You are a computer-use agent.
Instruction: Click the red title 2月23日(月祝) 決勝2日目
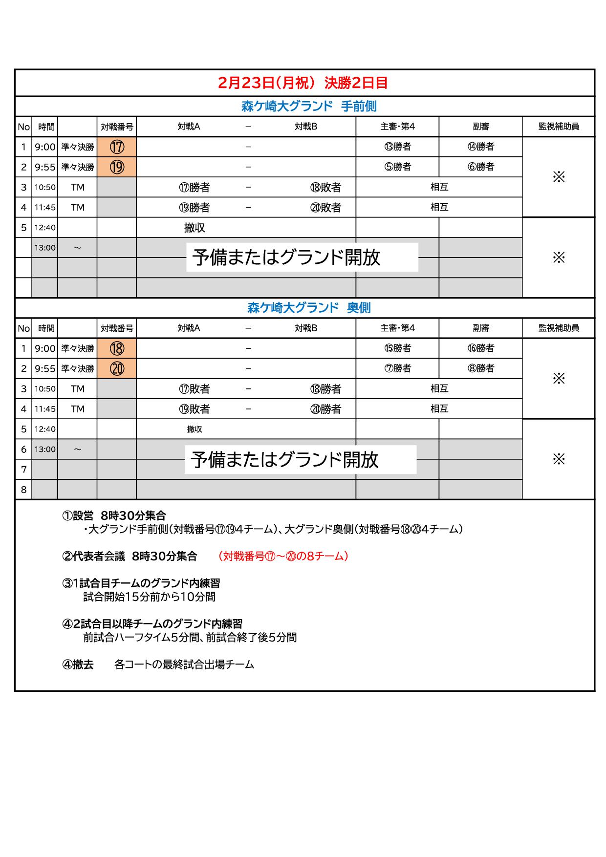[x=303, y=83]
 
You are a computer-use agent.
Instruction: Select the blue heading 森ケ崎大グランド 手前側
[x=309, y=107]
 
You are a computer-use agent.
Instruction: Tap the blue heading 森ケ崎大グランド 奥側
[x=309, y=308]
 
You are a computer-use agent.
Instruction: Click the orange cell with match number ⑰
[x=117, y=147]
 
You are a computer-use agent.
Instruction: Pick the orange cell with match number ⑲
[x=117, y=167]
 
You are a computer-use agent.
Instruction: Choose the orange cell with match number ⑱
[x=117, y=348]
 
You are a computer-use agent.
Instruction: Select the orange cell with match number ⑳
[x=117, y=368]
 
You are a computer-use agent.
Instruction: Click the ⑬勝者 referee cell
[x=397, y=147]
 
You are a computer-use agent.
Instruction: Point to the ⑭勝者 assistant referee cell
[x=480, y=147]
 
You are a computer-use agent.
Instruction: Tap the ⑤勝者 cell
[x=397, y=167]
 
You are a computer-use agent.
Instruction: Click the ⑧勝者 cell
[x=480, y=368]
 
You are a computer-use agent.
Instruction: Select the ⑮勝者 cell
[x=397, y=348]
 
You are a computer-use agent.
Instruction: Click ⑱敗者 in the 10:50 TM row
[x=325, y=187]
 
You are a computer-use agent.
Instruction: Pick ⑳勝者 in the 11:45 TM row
[x=325, y=409]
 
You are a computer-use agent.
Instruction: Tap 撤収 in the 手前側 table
[x=195, y=228]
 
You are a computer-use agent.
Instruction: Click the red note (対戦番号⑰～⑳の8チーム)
[x=283, y=556]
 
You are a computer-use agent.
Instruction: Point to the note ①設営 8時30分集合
[x=114, y=515]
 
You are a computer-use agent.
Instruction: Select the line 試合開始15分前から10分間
[x=149, y=597]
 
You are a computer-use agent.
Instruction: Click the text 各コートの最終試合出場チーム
[x=184, y=664]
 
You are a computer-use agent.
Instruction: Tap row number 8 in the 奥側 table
[x=23, y=490]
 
